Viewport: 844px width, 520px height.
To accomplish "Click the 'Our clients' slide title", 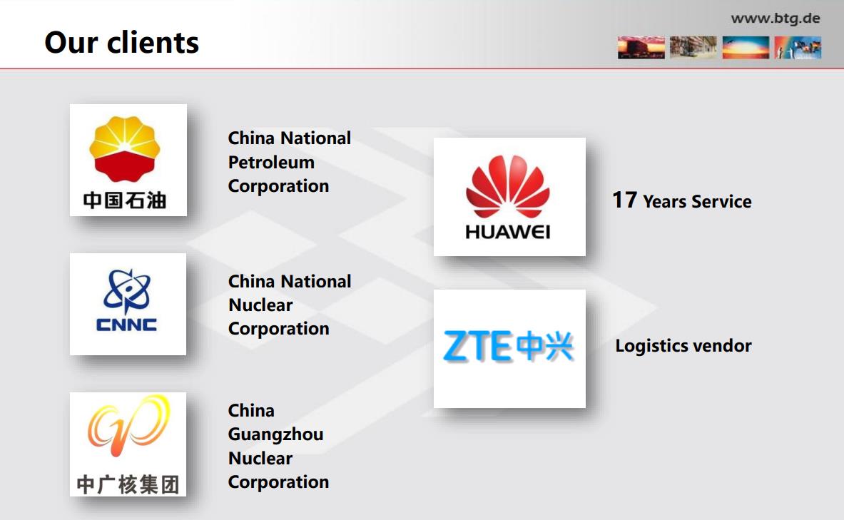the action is [x=122, y=43].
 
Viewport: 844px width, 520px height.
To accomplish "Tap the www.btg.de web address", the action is [x=775, y=19].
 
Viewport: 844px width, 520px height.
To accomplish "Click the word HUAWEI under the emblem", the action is [x=507, y=232].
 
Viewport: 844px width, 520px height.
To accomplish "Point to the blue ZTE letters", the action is [x=477, y=345].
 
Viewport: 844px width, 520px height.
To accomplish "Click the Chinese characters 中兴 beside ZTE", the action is [x=544, y=345].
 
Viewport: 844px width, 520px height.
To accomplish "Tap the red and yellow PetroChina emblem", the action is [x=125, y=149].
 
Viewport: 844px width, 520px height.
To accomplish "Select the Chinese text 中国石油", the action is [x=125, y=200].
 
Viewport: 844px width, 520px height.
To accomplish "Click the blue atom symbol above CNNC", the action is [x=126, y=291].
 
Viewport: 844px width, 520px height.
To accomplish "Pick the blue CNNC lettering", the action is [x=126, y=325].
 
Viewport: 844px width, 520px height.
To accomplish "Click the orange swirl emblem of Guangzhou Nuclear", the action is [x=128, y=425].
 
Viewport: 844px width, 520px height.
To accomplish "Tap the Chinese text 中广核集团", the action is [x=128, y=484].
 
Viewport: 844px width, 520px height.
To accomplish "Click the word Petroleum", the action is [x=271, y=163].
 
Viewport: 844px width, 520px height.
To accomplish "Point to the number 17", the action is [x=625, y=200].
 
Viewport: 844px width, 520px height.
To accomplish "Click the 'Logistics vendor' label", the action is [x=683, y=345].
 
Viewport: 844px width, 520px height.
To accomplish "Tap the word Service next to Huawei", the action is [x=721, y=201].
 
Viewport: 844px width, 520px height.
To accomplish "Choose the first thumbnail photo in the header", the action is [x=641, y=47].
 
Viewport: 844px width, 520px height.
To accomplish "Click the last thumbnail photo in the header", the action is [x=798, y=47].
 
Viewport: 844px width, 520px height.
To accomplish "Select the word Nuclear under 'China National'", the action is [x=260, y=305].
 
